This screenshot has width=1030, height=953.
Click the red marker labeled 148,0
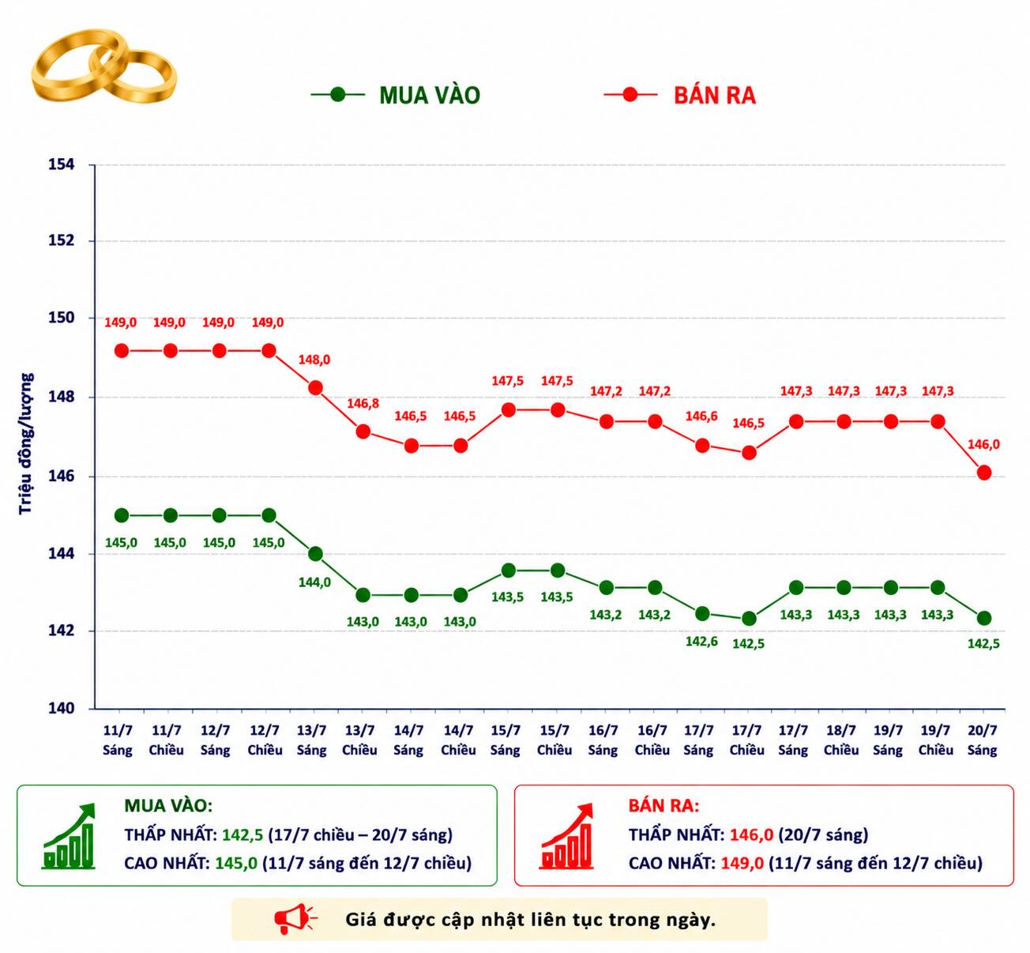pos(315,388)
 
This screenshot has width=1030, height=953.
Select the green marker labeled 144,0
pos(315,554)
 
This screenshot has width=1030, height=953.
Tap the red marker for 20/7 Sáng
pos(984,473)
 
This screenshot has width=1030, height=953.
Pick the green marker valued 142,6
pos(702,613)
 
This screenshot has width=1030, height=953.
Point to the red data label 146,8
pos(363,403)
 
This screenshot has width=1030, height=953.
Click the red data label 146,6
pos(701,416)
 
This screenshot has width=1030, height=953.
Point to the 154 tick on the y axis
pos(62,164)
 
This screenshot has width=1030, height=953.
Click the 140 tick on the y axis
pos(62,708)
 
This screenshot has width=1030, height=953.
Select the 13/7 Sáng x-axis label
pos(312,740)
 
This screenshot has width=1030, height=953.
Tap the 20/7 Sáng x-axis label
pos(983,740)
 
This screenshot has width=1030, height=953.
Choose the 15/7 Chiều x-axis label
pos(554,740)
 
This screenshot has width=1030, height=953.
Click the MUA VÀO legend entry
pos(396,95)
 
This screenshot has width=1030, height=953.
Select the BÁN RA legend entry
pos(680,95)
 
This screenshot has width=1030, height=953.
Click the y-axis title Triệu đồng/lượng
pos(25,444)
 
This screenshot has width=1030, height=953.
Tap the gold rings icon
pos(103,66)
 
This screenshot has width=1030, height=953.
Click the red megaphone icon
pos(295,919)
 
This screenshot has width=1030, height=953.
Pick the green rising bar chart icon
pos(69,836)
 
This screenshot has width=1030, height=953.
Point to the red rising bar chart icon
pos(567,836)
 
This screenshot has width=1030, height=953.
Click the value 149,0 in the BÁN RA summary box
pos(742,863)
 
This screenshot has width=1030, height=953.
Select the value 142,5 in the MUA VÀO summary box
pos(242,834)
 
